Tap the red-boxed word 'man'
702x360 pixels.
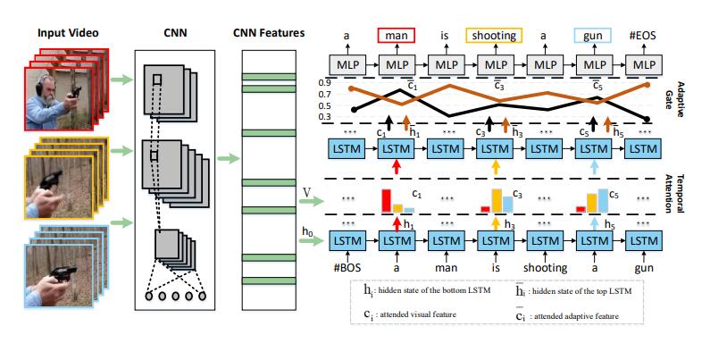[394, 36]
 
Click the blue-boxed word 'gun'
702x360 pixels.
[591, 36]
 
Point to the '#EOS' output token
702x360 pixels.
[641, 36]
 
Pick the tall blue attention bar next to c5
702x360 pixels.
[601, 203]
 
